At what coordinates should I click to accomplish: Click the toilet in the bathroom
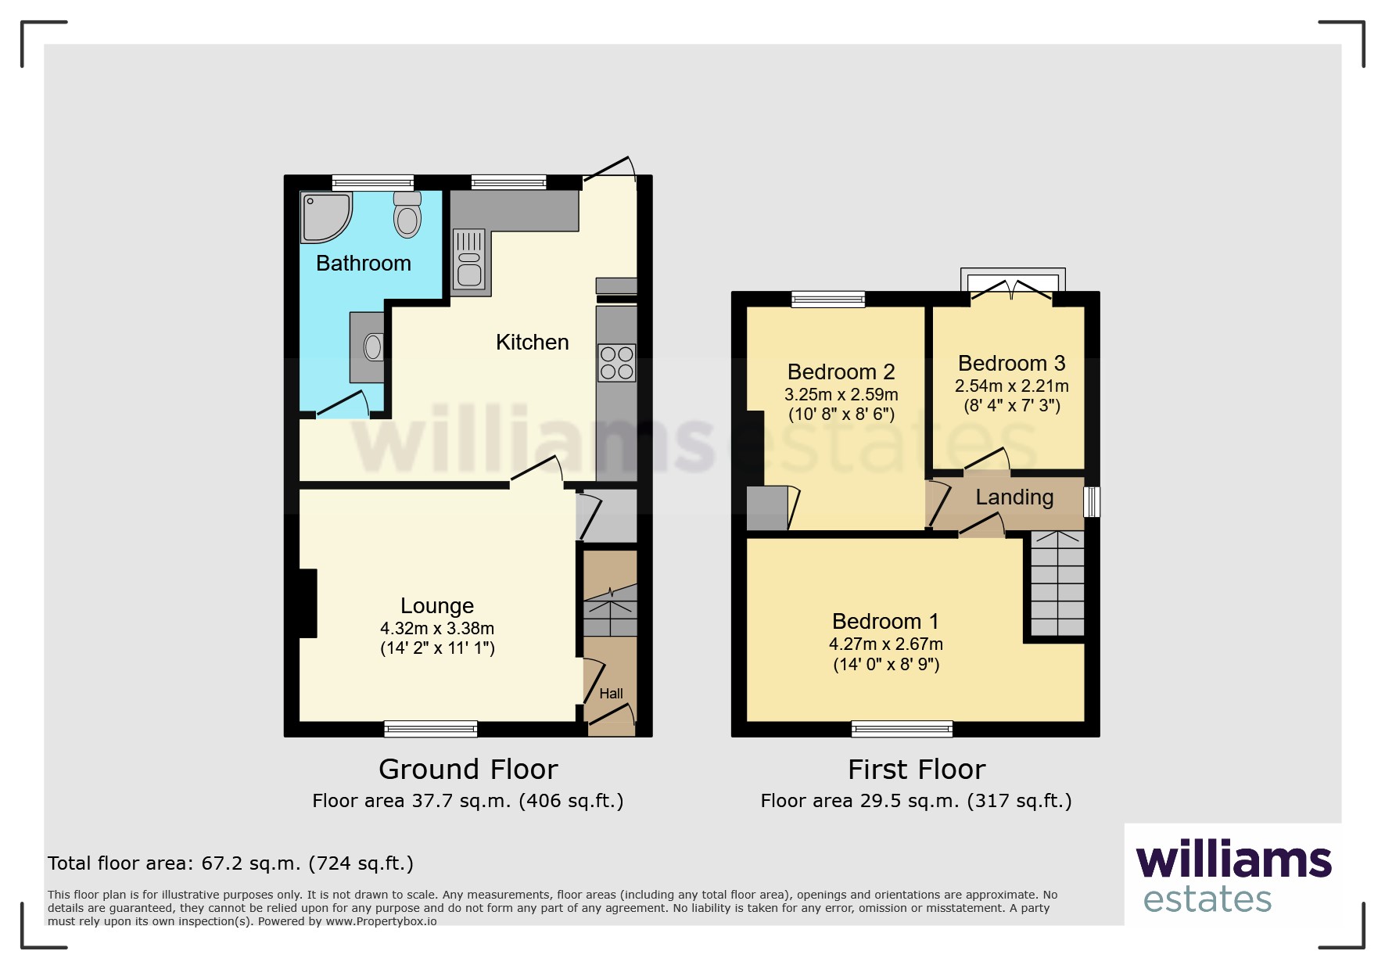[407, 214]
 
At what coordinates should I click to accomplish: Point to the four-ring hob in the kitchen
[616, 363]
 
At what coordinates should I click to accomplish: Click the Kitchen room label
[532, 342]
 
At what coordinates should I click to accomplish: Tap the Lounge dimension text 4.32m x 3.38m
[437, 628]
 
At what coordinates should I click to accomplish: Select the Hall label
[611, 694]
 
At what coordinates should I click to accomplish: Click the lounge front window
[431, 729]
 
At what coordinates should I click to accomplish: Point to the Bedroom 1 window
[902, 729]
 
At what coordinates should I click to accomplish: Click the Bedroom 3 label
[1011, 363]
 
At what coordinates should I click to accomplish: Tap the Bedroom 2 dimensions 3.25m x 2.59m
[841, 395]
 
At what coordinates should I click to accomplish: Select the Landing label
[1014, 497]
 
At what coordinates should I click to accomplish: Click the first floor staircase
[1057, 583]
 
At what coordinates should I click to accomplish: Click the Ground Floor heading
[468, 770]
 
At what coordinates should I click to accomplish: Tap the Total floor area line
[231, 863]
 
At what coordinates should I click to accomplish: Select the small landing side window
[1092, 502]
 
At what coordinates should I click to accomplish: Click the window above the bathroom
[373, 182]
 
